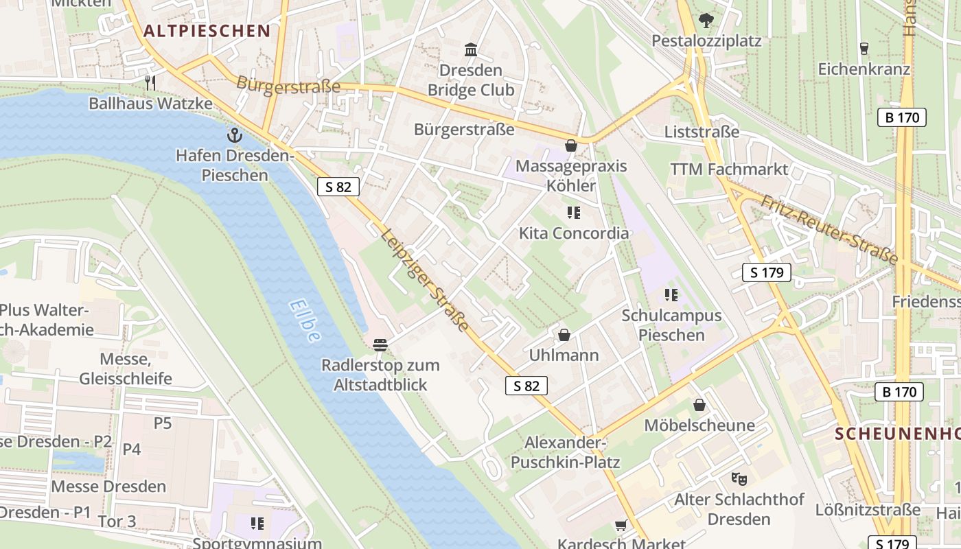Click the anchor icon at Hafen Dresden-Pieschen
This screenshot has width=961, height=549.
(235, 135)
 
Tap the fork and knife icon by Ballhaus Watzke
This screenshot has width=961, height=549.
(150, 83)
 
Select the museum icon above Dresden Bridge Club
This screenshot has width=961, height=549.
(471, 49)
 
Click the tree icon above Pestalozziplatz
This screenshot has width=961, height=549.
(706, 21)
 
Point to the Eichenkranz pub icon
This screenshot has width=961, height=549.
(864, 49)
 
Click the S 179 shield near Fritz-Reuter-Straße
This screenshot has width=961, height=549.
(767, 272)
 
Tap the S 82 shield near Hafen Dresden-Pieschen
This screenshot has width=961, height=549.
(338, 187)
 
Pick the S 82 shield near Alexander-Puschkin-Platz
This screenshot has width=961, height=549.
(526, 386)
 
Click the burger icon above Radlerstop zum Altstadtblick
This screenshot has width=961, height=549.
(380, 344)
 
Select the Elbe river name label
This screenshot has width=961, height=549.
(305, 320)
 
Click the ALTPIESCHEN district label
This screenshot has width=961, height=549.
(207, 31)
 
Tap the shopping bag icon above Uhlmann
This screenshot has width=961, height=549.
(564, 335)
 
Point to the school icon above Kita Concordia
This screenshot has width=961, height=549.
(574, 213)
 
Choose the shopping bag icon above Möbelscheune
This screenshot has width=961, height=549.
(699, 405)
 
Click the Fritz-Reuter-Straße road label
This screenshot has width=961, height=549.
(829, 229)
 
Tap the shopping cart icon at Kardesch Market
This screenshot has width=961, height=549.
(621, 525)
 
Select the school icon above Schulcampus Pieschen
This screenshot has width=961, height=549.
(671, 295)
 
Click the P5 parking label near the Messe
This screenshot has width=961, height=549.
(163, 423)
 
